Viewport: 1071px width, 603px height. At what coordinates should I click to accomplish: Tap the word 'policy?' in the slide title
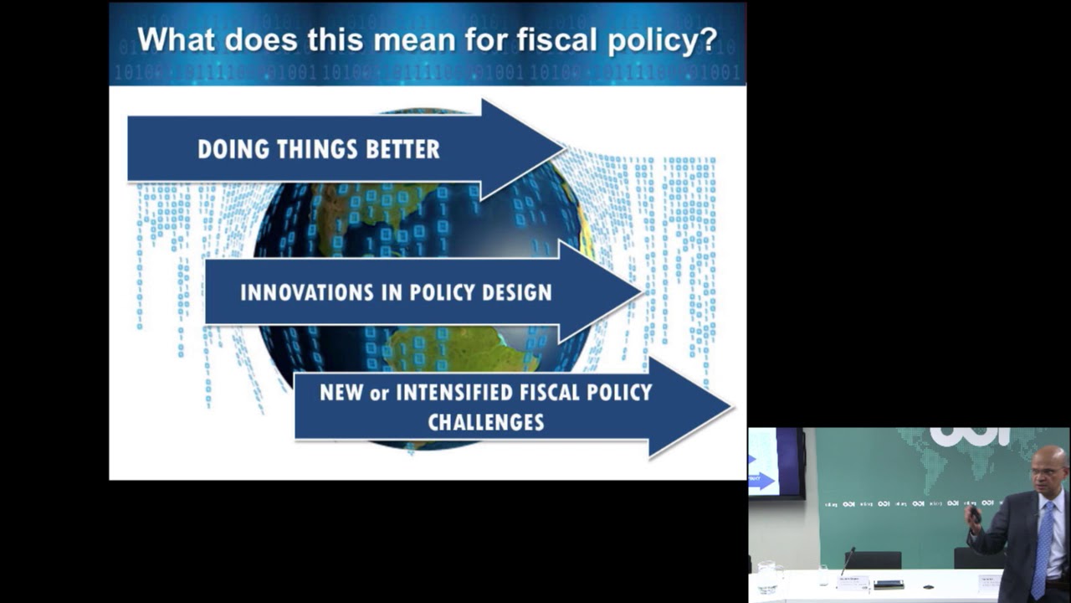pyautogui.click(x=662, y=40)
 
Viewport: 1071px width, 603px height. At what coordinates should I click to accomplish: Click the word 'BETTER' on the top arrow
pyautogui.click(x=399, y=149)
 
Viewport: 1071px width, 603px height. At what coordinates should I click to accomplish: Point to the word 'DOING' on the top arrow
pyautogui.click(x=228, y=149)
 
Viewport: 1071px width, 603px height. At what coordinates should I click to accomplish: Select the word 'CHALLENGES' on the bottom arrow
pyautogui.click(x=486, y=422)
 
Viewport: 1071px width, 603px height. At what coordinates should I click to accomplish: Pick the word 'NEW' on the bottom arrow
pyautogui.click(x=341, y=392)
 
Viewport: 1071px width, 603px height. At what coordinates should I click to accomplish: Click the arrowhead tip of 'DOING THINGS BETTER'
pyautogui.click(x=563, y=149)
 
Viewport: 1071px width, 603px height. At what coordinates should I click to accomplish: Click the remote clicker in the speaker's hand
pyautogui.click(x=974, y=513)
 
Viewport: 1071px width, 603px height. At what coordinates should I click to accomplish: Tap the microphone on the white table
pyautogui.click(x=847, y=563)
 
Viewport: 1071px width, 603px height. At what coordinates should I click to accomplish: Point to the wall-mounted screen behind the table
pyautogui.click(x=776, y=463)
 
